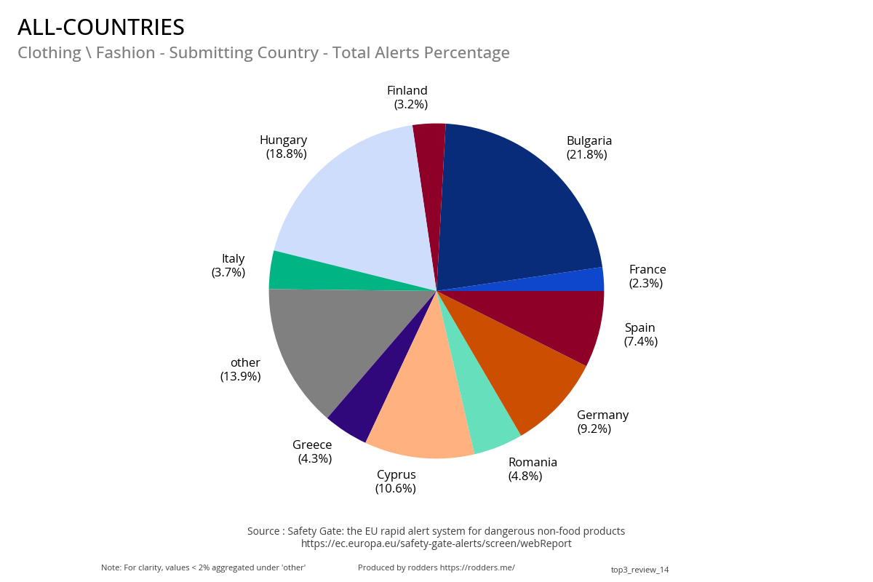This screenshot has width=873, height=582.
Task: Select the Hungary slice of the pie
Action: [x=356, y=204]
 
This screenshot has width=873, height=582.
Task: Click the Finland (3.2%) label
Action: [x=408, y=97]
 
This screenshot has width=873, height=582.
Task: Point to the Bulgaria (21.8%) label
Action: [x=589, y=148]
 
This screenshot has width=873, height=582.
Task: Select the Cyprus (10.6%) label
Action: [x=396, y=482]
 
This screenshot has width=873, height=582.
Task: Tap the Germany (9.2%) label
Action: [x=602, y=422]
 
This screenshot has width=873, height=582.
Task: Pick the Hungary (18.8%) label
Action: [x=284, y=147]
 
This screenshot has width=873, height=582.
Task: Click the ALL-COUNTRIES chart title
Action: [x=101, y=27]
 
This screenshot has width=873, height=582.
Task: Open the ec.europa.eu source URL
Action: [x=436, y=543]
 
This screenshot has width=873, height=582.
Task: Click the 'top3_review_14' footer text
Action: [x=639, y=570]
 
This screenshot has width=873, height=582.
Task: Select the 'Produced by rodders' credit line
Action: [x=436, y=567]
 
